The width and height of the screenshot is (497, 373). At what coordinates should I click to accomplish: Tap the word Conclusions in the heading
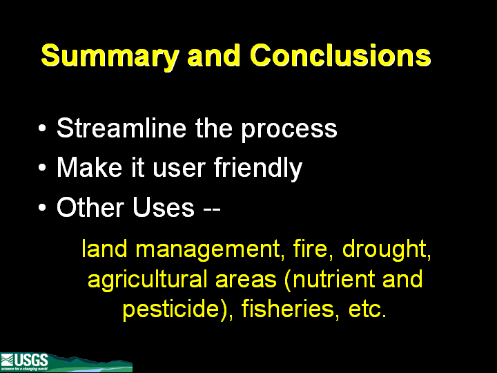point(340,55)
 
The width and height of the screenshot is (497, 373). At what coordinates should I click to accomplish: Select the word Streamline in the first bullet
point(121,128)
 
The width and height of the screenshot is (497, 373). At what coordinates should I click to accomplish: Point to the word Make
point(89,167)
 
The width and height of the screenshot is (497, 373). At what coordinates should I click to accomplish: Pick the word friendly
point(258,169)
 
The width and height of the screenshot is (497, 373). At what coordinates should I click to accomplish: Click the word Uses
point(163,207)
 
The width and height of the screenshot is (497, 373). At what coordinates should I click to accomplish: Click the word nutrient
point(330,279)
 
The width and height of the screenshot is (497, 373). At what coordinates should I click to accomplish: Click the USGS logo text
point(31,361)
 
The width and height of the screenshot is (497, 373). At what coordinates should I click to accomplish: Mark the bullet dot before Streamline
point(42,128)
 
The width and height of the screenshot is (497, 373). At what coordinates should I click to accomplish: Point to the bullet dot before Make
point(42,168)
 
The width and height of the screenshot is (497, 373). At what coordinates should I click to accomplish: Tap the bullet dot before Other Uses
point(42,207)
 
